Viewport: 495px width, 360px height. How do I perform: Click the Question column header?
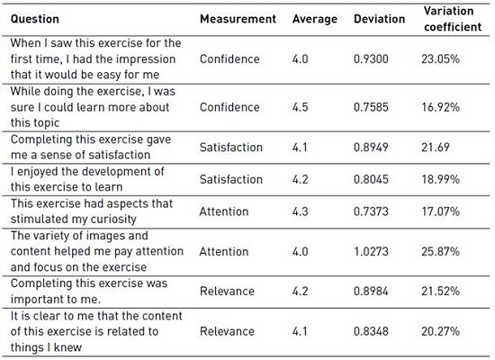pyautogui.click(x=35, y=19)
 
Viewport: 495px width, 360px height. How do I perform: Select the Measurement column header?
pyautogui.click(x=238, y=19)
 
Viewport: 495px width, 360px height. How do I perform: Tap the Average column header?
pyautogui.click(x=315, y=19)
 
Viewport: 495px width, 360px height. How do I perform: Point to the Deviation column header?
pyautogui.click(x=379, y=19)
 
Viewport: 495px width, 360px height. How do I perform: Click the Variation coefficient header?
pyautogui.click(x=453, y=19)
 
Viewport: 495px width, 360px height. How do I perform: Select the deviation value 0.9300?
pyautogui.click(x=371, y=59)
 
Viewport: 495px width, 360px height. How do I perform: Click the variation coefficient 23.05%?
pyautogui.click(x=440, y=59)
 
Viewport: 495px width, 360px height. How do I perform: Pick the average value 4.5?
pyautogui.click(x=300, y=107)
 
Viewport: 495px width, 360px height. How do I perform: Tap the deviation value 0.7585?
pyautogui.click(x=371, y=107)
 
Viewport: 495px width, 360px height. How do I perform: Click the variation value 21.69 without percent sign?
pyautogui.click(x=436, y=148)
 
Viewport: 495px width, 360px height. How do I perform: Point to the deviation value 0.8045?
pyautogui.click(x=371, y=179)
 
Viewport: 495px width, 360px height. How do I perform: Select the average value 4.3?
pyautogui.click(x=300, y=211)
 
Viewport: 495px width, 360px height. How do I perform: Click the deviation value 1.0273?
pyautogui.click(x=371, y=251)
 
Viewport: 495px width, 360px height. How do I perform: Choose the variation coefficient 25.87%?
pyautogui.click(x=440, y=251)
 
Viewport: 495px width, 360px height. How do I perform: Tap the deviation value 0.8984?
pyautogui.click(x=371, y=292)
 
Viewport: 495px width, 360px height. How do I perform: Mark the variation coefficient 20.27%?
pyautogui.click(x=440, y=331)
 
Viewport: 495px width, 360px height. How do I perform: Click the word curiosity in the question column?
pyautogui.click(x=113, y=220)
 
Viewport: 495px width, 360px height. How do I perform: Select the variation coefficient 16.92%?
pyautogui.click(x=440, y=107)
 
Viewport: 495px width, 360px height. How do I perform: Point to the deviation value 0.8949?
pyautogui.click(x=371, y=148)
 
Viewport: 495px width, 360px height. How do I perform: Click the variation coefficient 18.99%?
pyautogui.click(x=440, y=179)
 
